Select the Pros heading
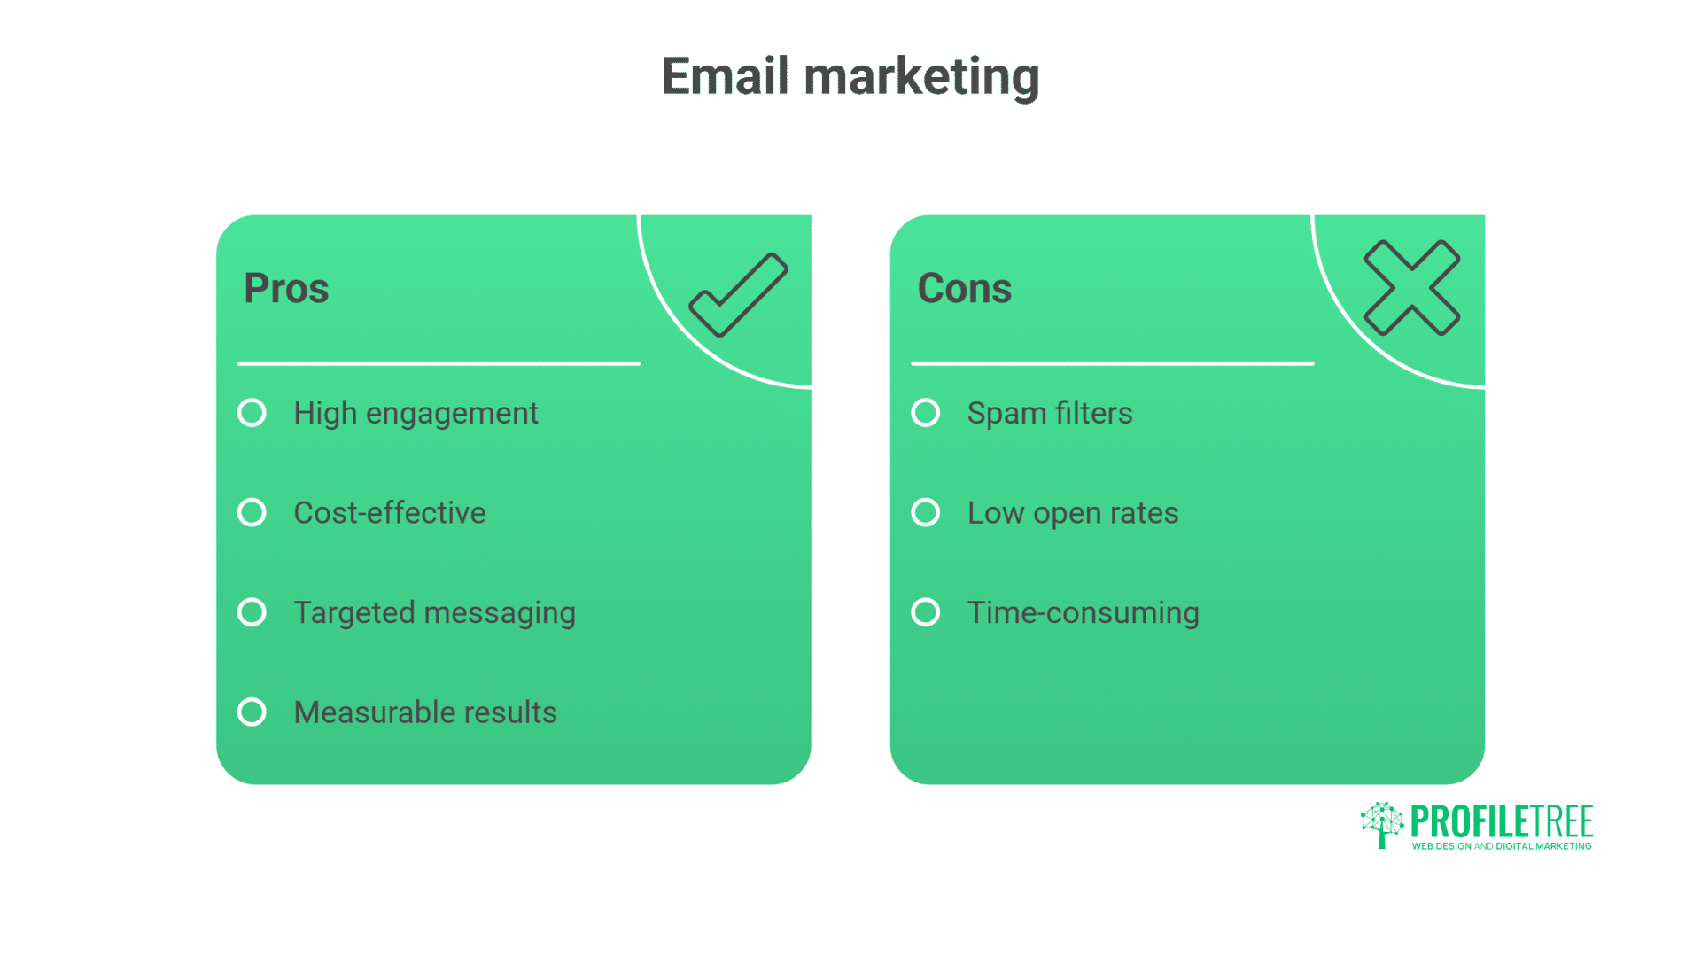286,289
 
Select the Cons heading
965,289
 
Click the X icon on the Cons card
1412,288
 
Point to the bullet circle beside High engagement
252,413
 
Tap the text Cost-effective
390,513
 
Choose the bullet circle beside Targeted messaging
252,612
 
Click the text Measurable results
425,712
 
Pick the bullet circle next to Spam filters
926,413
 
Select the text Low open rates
1073,514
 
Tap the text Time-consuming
1084,613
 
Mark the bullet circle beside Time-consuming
926,612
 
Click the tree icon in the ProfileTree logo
1382,825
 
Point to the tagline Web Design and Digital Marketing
1502,846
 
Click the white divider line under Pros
439,363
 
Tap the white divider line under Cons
1113,363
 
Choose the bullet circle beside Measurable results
252,712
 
